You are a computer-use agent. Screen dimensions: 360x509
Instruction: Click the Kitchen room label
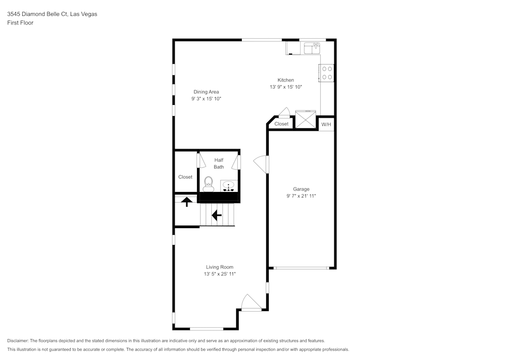pyautogui.click(x=286, y=80)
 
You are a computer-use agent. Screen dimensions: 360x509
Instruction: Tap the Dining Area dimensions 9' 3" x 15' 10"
pyautogui.click(x=206, y=99)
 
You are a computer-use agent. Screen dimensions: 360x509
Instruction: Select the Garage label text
pyautogui.click(x=301, y=189)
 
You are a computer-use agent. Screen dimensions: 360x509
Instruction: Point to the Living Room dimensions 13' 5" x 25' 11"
pyautogui.click(x=219, y=274)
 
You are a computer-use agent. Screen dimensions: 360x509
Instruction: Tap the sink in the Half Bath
pyautogui.click(x=229, y=186)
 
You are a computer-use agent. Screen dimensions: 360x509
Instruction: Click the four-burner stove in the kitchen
pyautogui.click(x=327, y=73)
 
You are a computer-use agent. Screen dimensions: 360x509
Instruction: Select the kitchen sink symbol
pyautogui.click(x=311, y=48)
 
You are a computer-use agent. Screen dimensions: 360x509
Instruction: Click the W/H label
pyautogui.click(x=326, y=124)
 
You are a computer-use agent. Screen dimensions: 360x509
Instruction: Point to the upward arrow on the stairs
pyautogui.click(x=187, y=202)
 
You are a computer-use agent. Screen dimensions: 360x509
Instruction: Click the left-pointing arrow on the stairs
pyautogui.click(x=216, y=215)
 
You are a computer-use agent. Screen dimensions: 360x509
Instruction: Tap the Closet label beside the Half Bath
pyautogui.click(x=185, y=177)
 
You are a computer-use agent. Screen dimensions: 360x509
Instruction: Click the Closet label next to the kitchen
pyautogui.click(x=281, y=124)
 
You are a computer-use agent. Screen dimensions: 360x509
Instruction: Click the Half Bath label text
pyautogui.click(x=219, y=163)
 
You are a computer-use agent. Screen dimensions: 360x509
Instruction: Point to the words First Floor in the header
pyautogui.click(x=20, y=23)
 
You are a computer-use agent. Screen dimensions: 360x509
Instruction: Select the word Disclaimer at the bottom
pyautogui.click(x=18, y=341)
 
